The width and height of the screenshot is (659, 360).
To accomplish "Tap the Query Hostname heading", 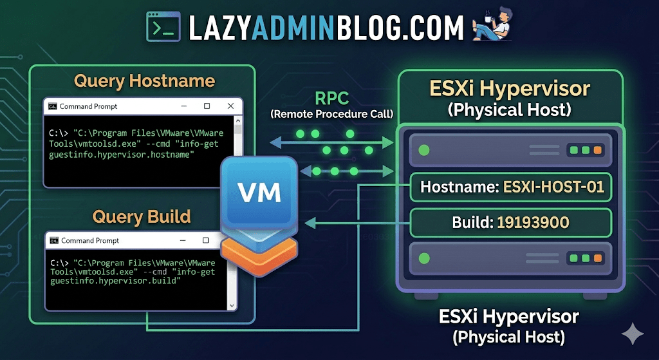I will pos(144,81).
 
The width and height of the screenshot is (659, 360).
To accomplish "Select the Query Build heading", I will pos(142,216).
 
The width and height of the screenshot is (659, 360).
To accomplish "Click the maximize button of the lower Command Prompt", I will pos(207,240).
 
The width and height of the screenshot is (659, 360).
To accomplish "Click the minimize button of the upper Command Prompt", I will pos(183,106).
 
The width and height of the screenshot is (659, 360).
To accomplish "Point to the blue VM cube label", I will pos(259,191).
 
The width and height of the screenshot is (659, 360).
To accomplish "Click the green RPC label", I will pos(331,99).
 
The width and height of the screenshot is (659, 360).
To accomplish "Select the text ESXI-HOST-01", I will pos(553,187).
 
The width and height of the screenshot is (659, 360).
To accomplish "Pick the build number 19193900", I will pos(533,223).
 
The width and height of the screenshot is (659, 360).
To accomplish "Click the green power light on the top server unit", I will pos(423,150).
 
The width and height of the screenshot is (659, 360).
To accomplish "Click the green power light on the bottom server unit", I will pos(423,258).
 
